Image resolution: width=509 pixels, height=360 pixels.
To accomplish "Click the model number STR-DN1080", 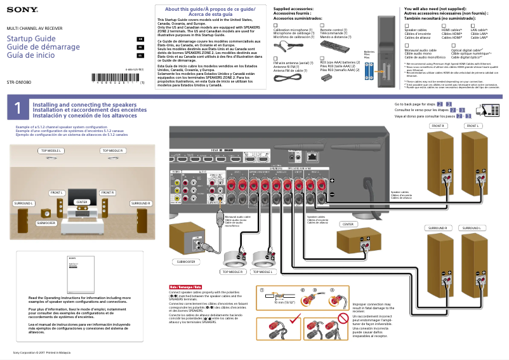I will [20, 83].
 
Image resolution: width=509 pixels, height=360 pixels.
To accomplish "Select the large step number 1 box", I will [17, 109].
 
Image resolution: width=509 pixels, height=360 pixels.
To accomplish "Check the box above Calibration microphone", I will [275, 25].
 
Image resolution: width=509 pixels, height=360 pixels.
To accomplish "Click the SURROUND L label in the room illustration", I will [23, 203].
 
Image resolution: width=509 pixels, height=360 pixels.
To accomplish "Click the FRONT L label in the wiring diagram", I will [472, 126].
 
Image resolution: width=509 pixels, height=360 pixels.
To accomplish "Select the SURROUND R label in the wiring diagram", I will [437, 227].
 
